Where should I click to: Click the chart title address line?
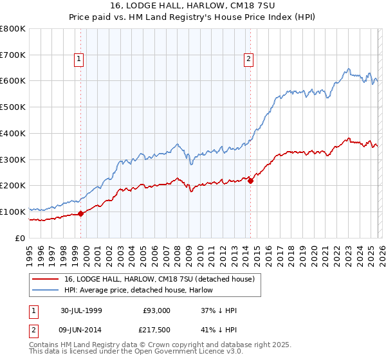pos(192,6)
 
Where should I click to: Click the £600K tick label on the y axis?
pos(12,81)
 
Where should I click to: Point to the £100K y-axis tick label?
pos(12,212)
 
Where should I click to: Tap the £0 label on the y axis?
pos(21,238)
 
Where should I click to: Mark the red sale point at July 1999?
pos(81,213)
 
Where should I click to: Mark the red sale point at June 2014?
pos(250,181)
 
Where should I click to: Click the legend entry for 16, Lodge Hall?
pos(160,279)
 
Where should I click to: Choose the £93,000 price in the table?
pos(156,310)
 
